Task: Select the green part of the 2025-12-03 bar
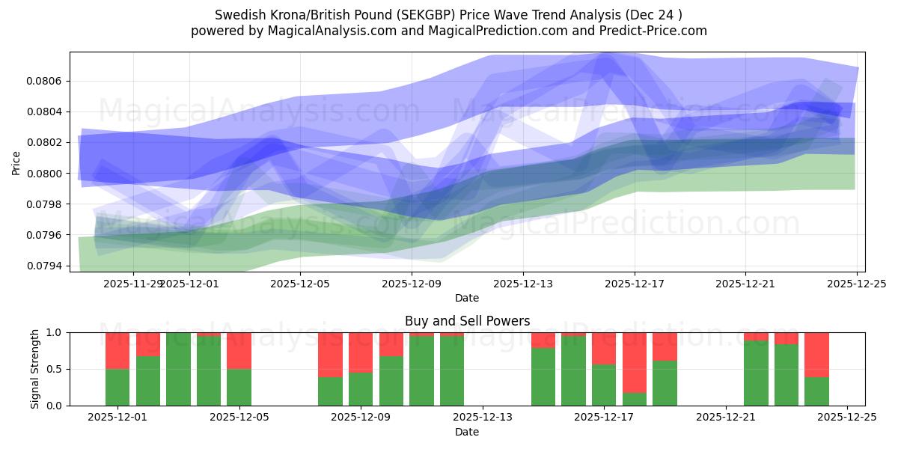point(178,370)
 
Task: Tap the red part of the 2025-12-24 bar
point(816,354)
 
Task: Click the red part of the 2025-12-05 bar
point(239,350)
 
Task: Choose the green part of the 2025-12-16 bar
point(573,371)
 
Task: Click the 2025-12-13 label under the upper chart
point(522,284)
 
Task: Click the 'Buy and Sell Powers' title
point(467,321)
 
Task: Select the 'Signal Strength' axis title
point(35,369)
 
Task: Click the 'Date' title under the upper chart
point(467,298)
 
